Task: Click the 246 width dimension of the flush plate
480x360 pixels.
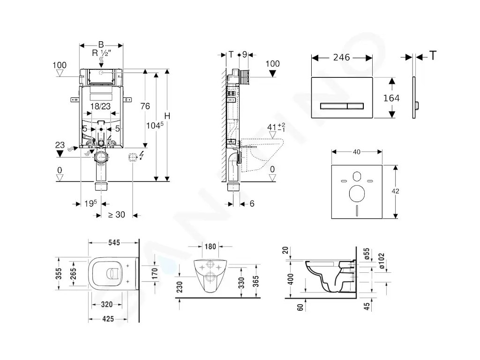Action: tap(342, 57)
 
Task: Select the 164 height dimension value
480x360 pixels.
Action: tap(391, 98)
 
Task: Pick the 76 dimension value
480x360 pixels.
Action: tap(145, 106)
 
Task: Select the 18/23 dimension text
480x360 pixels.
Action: tap(101, 106)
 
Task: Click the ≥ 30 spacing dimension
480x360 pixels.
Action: tap(117, 215)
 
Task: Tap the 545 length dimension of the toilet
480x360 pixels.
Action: tap(114, 242)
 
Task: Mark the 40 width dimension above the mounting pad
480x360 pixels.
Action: tap(357, 151)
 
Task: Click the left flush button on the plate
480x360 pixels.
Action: tap(333, 105)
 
